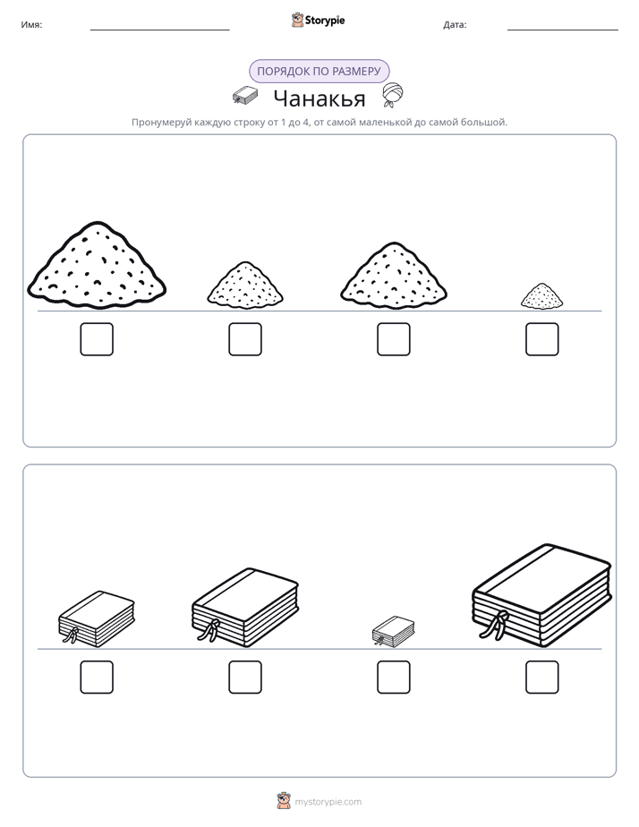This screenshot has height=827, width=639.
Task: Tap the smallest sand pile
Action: coord(541,296)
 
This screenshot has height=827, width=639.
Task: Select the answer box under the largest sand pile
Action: coord(97,339)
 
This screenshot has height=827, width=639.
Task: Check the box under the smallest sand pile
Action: coord(542,339)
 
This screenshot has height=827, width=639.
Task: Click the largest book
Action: coord(542,595)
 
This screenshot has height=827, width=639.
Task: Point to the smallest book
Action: coord(393,631)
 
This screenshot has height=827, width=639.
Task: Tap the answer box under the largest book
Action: coord(542,678)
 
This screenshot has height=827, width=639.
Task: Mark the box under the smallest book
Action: coord(393,678)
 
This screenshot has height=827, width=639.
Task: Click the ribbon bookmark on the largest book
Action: coord(497,625)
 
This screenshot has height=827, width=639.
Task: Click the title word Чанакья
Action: coord(319,98)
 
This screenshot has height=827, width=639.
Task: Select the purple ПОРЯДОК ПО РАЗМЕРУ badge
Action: coord(319,72)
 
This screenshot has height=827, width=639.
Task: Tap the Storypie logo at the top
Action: coord(318,20)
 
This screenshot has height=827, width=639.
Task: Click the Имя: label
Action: coord(31,25)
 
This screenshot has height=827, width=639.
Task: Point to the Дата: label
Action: coord(455,25)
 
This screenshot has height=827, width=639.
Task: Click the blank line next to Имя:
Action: coord(159,30)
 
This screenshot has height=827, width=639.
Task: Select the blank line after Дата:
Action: coord(563,30)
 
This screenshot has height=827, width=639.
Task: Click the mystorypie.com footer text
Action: coord(328,802)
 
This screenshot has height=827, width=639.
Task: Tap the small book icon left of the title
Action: coord(245,95)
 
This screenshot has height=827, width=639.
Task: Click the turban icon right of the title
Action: coord(393,95)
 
